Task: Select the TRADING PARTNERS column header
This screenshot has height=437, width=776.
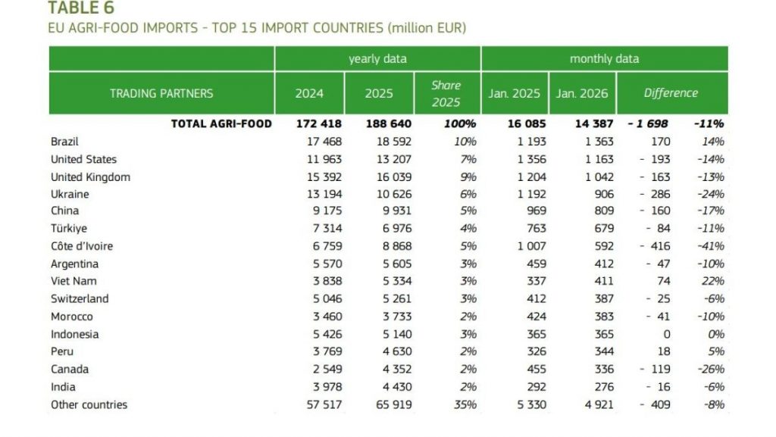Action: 161,93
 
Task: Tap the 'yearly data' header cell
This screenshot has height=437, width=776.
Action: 377,58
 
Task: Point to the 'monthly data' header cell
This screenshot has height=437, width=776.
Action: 604,58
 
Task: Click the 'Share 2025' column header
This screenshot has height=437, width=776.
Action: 446,93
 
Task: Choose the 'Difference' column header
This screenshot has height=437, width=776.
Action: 671,93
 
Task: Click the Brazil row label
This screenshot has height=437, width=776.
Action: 64,142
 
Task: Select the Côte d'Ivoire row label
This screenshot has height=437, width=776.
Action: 82,246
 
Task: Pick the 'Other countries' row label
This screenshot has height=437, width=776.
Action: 89,404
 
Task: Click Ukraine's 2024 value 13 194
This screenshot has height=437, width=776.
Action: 322,194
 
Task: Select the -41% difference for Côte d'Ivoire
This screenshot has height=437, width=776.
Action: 712,246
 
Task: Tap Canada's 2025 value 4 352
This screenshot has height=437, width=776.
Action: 394,370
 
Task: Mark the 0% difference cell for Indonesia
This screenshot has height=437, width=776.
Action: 715,334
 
